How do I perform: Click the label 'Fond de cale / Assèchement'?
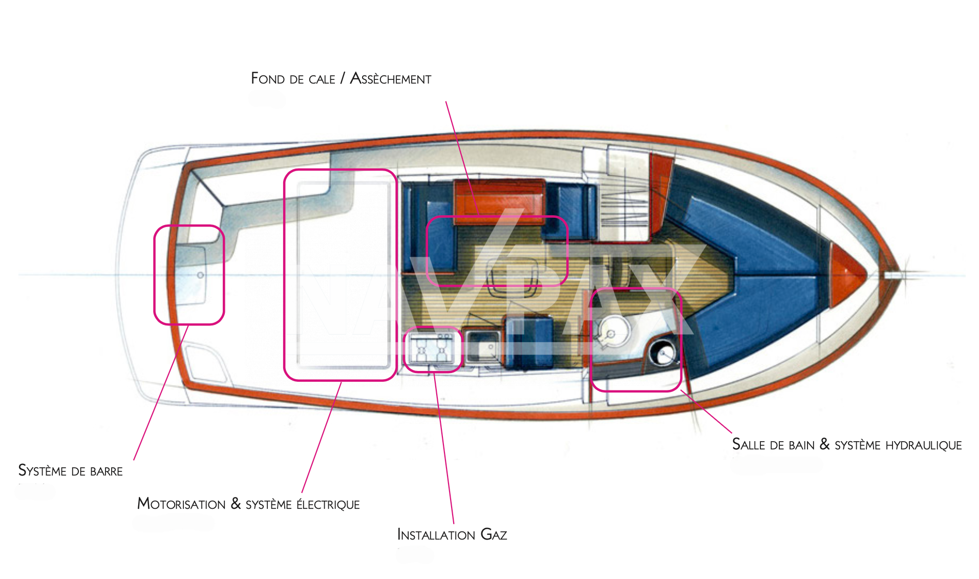point(340,78)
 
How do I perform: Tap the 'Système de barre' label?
point(70,471)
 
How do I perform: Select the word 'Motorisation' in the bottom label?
point(181,504)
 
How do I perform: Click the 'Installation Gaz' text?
point(452,535)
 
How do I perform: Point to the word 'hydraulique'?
point(923,445)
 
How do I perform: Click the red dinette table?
point(499,200)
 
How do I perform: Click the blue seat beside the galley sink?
point(529,342)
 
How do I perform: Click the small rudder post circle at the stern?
point(201,275)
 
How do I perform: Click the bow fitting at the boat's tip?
point(893,275)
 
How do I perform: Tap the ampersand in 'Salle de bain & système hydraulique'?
point(824,444)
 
